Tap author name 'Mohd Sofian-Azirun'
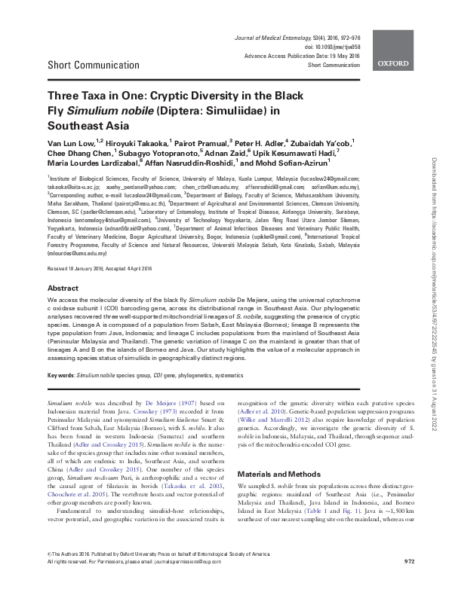pyautogui.click(x=285, y=161)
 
